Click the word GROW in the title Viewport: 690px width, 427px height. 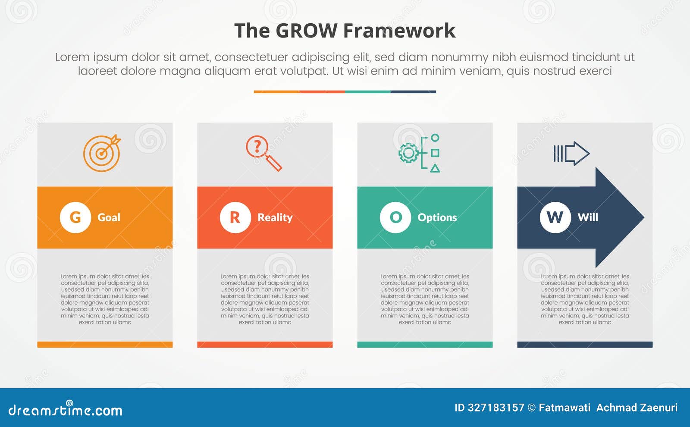pyautogui.click(x=306, y=31)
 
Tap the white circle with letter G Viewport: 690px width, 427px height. pyautogui.click(x=75, y=217)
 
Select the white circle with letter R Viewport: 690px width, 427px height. pyautogui.click(x=235, y=217)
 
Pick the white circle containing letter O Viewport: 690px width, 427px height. pyautogui.click(x=395, y=217)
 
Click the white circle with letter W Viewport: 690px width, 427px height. pyautogui.click(x=555, y=217)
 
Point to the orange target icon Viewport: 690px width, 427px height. pyautogui.click(x=102, y=153)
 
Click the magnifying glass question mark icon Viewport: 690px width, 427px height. pyautogui.click(x=263, y=153)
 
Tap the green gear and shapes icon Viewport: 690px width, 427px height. pyautogui.click(x=420, y=153)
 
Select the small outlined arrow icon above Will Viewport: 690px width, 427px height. pyautogui.click(x=571, y=153)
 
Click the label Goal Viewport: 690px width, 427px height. pyautogui.click(x=109, y=217)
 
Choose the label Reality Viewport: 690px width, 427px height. pyautogui.click(x=275, y=217)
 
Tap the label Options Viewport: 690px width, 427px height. pyautogui.click(x=437, y=217)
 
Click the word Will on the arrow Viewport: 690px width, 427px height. pyautogui.click(x=588, y=217)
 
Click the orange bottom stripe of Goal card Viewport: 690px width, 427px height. pyautogui.click(x=105, y=345)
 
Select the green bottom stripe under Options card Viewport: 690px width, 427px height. pyautogui.click(x=425, y=345)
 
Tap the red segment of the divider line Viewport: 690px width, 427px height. pyautogui.click(x=322, y=92)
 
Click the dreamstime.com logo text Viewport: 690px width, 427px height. pyautogui.click(x=65, y=410)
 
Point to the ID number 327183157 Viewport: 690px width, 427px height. pyautogui.click(x=496, y=408)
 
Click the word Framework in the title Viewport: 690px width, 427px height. pyautogui.click(x=399, y=31)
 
